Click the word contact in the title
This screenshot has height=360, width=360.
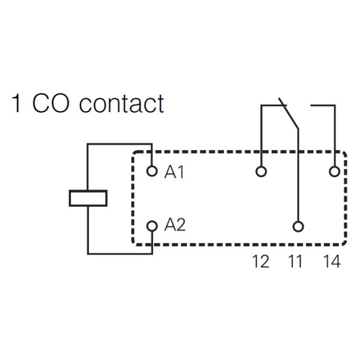point(121,104)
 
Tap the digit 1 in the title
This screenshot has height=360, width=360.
point(17,103)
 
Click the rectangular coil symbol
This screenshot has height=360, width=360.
point(88,199)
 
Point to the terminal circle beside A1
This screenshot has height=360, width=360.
point(152,172)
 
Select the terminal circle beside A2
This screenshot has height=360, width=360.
point(152,226)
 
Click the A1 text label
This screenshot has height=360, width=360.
point(175,172)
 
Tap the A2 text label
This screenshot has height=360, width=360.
point(175,226)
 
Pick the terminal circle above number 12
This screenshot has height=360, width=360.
point(261,172)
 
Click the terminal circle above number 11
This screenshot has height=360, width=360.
point(298,226)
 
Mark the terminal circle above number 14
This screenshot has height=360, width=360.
point(334,172)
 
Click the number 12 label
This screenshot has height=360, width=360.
point(261,262)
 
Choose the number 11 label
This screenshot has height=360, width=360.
point(296,262)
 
